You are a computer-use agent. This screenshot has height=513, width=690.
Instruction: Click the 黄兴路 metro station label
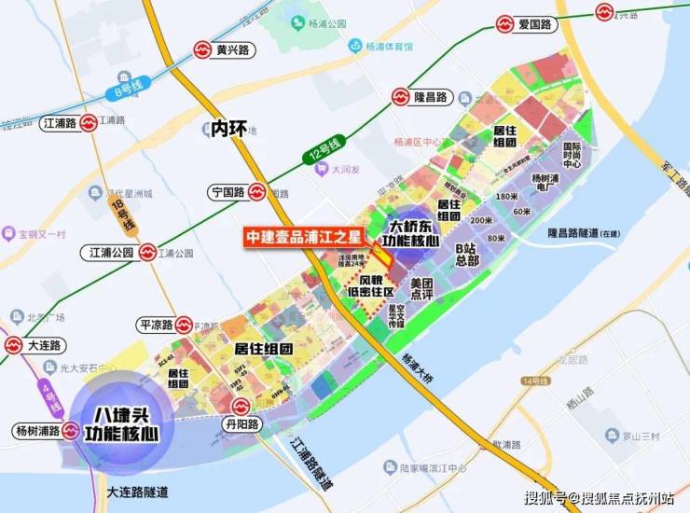(235, 50)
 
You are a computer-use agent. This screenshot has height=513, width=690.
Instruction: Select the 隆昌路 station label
(432, 96)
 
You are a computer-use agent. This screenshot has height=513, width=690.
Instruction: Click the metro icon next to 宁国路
(255, 193)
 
